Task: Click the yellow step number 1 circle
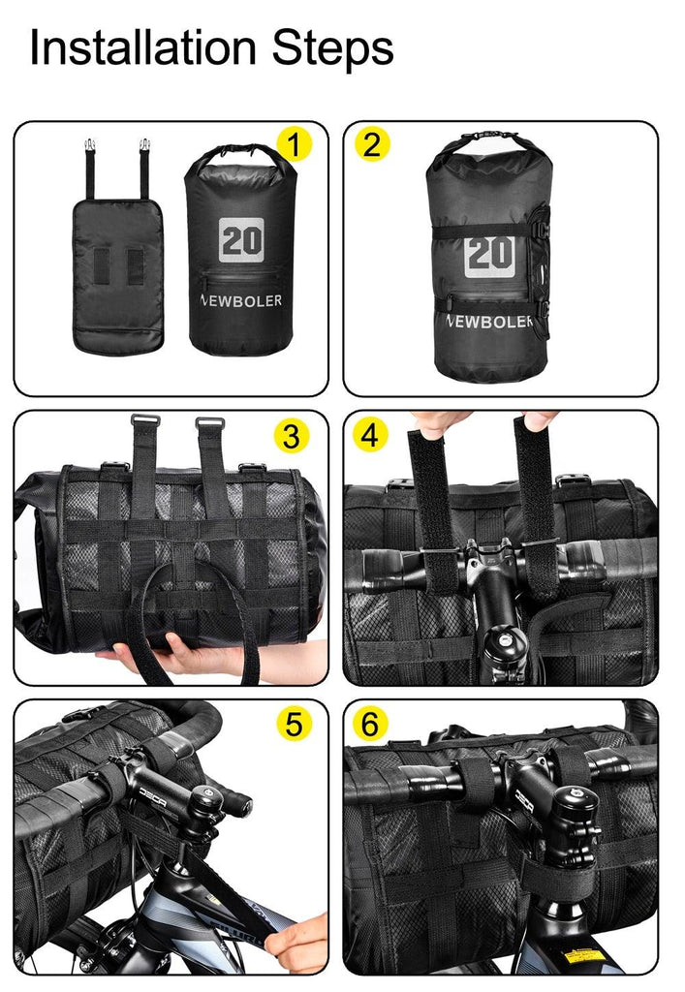(295, 144)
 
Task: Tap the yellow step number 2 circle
(372, 144)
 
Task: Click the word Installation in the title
(140, 48)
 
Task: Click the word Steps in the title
(330, 48)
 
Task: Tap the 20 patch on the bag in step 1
(240, 237)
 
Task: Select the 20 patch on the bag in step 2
(489, 254)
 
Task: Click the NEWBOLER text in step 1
(240, 300)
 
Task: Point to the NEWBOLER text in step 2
(490, 321)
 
